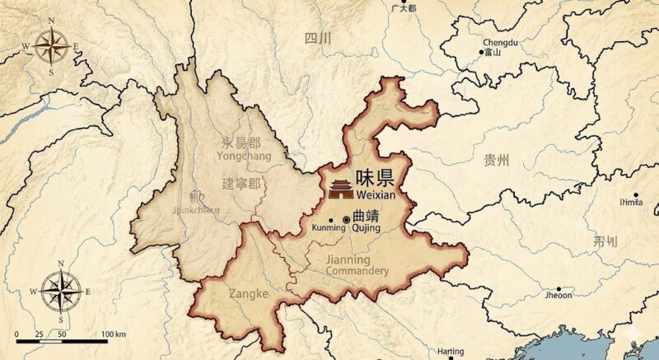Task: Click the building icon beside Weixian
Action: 339,188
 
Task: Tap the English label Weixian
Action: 377,195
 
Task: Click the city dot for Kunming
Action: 331,219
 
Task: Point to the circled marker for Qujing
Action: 346,219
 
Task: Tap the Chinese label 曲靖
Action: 366,217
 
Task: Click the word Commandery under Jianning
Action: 357,271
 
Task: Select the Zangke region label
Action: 249,292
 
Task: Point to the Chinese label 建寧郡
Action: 241,183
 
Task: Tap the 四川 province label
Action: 317,38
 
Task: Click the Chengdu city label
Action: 500,42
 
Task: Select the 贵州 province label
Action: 496,160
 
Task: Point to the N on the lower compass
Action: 62,266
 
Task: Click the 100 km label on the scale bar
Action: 114,334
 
